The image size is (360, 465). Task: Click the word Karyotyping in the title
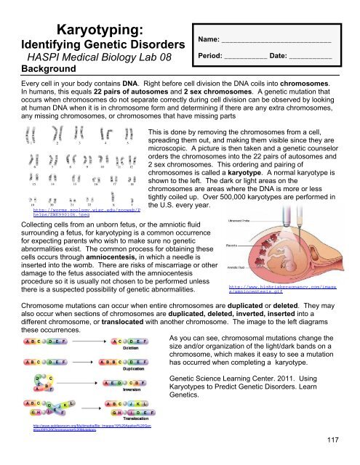(x=79, y=29)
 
